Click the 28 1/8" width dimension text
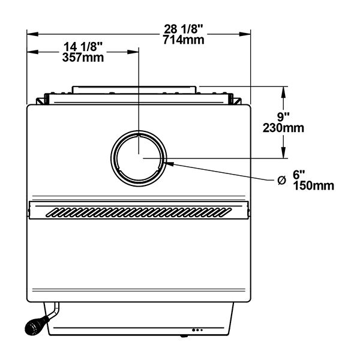coord(184,29)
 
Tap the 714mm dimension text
coord(184,40)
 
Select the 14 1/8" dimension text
coord(83,47)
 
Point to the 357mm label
coord(83,58)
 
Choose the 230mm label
coord(283,128)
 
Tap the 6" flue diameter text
coord(299,175)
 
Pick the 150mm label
coord(313,186)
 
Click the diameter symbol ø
coord(281,181)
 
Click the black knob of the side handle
coord(34,326)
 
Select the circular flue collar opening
coord(139,158)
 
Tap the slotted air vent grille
coord(139,212)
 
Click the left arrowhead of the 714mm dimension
coord(32,34)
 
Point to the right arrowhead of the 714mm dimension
coord(245,34)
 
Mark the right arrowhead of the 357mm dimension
coord(133,52)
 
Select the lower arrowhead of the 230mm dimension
coord(284,152)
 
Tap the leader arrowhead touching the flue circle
coord(169,163)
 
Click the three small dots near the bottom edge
coord(197,330)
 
